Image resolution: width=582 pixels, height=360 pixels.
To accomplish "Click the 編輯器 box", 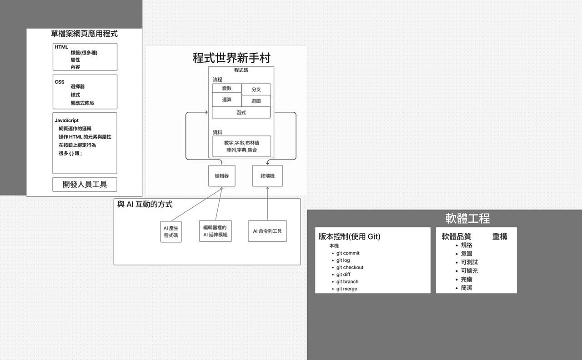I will point(222,176).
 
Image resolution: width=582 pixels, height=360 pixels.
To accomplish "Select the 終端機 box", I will point(267,176).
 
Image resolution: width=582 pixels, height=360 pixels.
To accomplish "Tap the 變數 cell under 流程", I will point(227,88).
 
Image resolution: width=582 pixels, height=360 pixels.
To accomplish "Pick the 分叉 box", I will point(256,90).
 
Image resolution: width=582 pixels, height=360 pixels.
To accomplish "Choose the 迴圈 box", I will point(256,101).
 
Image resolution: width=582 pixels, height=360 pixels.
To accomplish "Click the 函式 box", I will point(241,112).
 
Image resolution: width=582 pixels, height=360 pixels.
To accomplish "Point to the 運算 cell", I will point(227,100).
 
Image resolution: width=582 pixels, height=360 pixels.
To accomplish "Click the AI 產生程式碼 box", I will point(171,232).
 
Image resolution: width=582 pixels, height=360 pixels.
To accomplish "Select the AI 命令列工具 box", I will point(267,231).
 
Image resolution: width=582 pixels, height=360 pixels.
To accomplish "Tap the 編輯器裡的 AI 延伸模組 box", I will point(215,231).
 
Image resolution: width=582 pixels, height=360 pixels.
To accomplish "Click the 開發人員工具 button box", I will point(85,185).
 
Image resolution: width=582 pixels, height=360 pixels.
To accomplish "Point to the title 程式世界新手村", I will point(231,58).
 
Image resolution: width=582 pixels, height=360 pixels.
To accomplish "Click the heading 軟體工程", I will point(467,218).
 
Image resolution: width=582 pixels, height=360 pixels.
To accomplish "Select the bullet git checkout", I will point(350,267).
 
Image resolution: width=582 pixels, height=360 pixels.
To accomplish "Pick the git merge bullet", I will point(346,289).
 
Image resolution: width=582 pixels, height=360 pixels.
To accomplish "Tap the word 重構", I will point(500,236).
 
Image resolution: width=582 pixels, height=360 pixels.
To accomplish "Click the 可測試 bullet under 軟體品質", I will point(469,262).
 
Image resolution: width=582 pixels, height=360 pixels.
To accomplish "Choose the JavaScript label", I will point(67,120).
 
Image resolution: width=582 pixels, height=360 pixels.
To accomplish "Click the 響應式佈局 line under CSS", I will point(82,103).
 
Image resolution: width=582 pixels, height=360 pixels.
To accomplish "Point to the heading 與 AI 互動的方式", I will point(145,205).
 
